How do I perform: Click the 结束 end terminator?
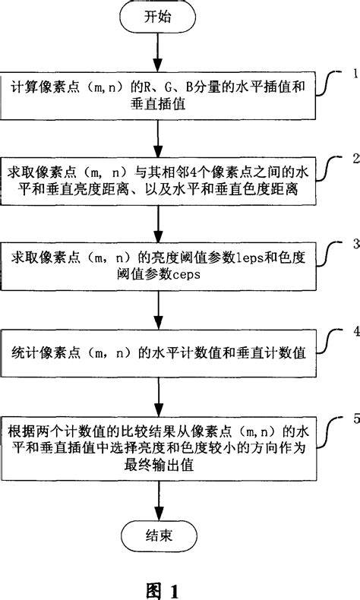[157, 534]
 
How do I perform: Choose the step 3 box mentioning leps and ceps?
[157, 261]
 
